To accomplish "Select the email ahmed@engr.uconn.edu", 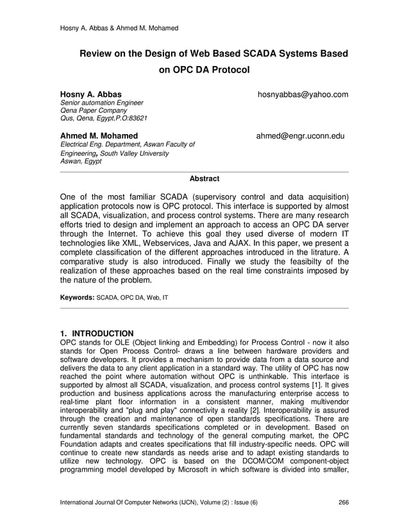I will point(301,136).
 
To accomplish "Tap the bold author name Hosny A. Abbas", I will point(90,94).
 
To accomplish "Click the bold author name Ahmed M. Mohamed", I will point(99,136).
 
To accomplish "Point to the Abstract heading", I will point(204,178).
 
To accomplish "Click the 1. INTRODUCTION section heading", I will point(96,334).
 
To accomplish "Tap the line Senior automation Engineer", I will point(101,103).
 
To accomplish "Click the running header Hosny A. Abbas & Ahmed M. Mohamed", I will point(119,28).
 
